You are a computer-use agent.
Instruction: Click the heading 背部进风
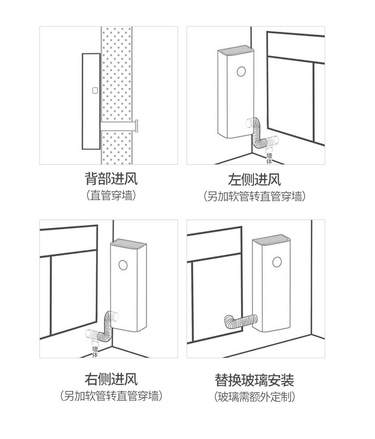[111, 179]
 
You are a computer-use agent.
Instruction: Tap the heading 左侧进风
[254, 180]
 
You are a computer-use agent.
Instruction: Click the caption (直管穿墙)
[111, 195]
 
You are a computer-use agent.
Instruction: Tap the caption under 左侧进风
[254, 196]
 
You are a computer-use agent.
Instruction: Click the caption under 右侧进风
[111, 396]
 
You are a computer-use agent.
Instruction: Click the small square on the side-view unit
[95, 90]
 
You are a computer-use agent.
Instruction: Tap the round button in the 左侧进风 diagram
[241, 72]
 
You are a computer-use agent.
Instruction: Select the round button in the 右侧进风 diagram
[123, 265]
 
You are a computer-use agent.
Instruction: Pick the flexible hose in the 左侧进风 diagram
[261, 134]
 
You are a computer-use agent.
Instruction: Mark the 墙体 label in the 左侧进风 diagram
[270, 159]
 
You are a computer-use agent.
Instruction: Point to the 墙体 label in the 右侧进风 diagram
[95, 352]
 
